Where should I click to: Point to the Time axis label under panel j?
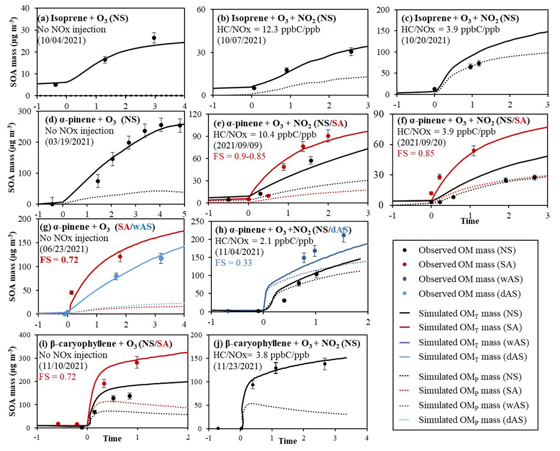[288, 440]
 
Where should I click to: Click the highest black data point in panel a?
[154, 38]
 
